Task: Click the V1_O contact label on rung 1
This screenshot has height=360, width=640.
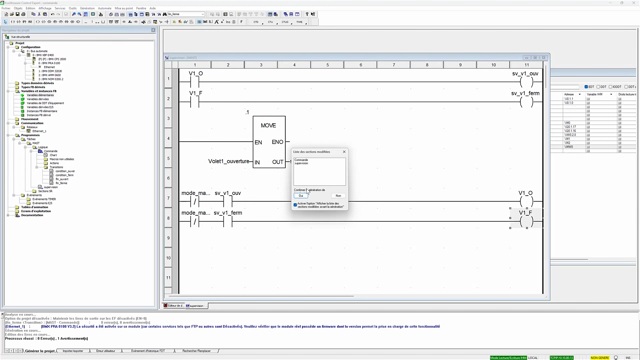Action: tap(195, 74)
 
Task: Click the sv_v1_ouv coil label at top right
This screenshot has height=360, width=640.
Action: tap(526, 74)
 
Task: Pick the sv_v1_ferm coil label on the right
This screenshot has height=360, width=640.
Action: tap(526, 93)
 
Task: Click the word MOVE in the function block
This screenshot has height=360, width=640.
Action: tap(268, 125)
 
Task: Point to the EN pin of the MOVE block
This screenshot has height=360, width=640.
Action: tap(258, 142)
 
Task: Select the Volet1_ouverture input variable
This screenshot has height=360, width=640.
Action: tap(228, 161)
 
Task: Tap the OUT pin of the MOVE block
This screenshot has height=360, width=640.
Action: tap(277, 161)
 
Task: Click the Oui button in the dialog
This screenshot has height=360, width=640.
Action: tap(302, 195)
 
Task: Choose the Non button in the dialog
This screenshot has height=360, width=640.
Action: tap(338, 195)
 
